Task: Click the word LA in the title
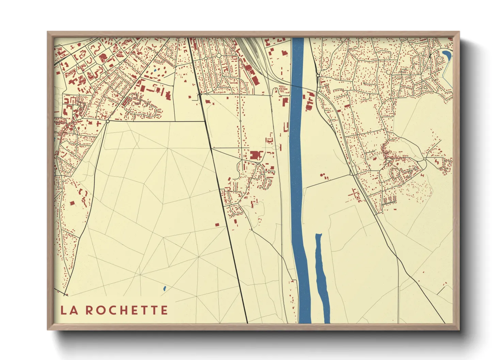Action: click(x=69, y=310)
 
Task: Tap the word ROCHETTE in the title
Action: click(x=126, y=310)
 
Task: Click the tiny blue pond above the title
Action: click(x=164, y=289)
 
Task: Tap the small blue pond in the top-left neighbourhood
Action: click(x=155, y=70)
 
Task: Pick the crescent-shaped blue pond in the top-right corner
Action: click(x=447, y=54)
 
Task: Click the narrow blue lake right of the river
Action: click(x=321, y=276)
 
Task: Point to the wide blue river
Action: click(x=297, y=170)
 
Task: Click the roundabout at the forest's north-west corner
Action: click(x=108, y=121)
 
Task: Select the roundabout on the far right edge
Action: click(x=425, y=159)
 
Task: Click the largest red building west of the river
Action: click(x=254, y=155)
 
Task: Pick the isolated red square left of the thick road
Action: click(x=217, y=225)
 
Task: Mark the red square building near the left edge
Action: click(x=72, y=203)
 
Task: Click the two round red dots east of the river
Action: click(x=323, y=176)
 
